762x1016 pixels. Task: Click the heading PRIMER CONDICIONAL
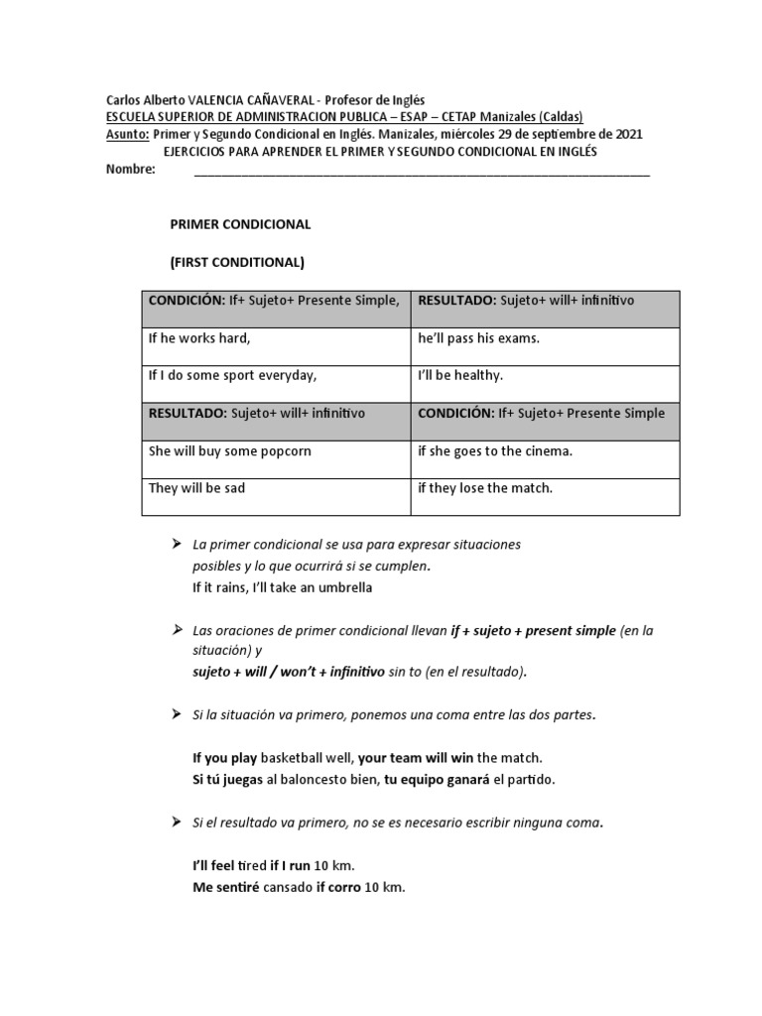click(241, 224)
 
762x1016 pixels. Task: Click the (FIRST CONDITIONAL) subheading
click(238, 263)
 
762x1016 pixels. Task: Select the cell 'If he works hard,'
click(199, 338)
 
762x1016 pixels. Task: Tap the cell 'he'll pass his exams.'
click(479, 338)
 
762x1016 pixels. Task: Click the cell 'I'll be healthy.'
click(461, 376)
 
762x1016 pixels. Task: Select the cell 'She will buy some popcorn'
click(230, 451)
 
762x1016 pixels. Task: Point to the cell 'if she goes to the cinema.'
click(496, 451)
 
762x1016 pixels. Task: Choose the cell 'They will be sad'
click(197, 488)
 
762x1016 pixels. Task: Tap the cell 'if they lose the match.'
click(485, 488)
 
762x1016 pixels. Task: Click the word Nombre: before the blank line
click(131, 170)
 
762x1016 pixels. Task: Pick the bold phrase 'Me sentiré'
click(225, 886)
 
